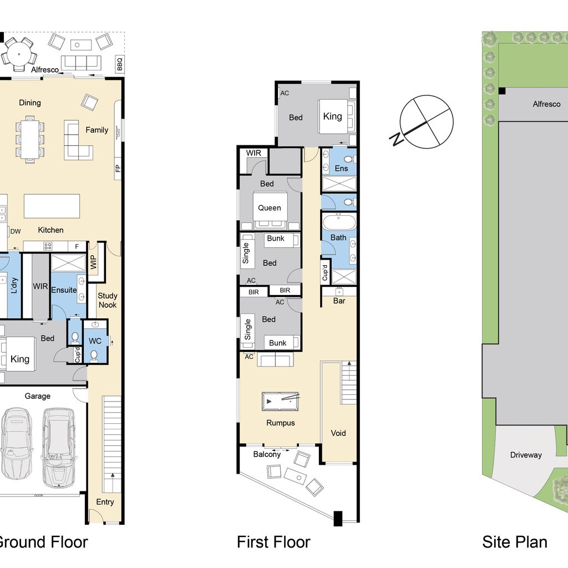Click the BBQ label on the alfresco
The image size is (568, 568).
120,64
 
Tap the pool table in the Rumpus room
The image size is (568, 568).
280,402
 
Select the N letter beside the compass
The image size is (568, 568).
397,139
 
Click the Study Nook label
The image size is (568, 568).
107,300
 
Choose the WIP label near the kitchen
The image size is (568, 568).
93,262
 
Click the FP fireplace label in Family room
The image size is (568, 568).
118,169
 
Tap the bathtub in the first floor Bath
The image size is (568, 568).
339,222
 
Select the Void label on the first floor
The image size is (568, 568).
338,433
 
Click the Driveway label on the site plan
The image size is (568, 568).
526,455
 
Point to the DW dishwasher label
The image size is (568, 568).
16,231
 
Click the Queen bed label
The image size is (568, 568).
270,208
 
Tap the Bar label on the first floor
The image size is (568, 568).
339,301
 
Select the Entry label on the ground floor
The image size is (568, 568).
105,502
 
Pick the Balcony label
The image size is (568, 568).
267,454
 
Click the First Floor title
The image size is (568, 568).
273,542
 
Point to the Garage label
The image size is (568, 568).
38,396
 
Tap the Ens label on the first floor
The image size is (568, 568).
341,169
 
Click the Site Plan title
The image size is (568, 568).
514,542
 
